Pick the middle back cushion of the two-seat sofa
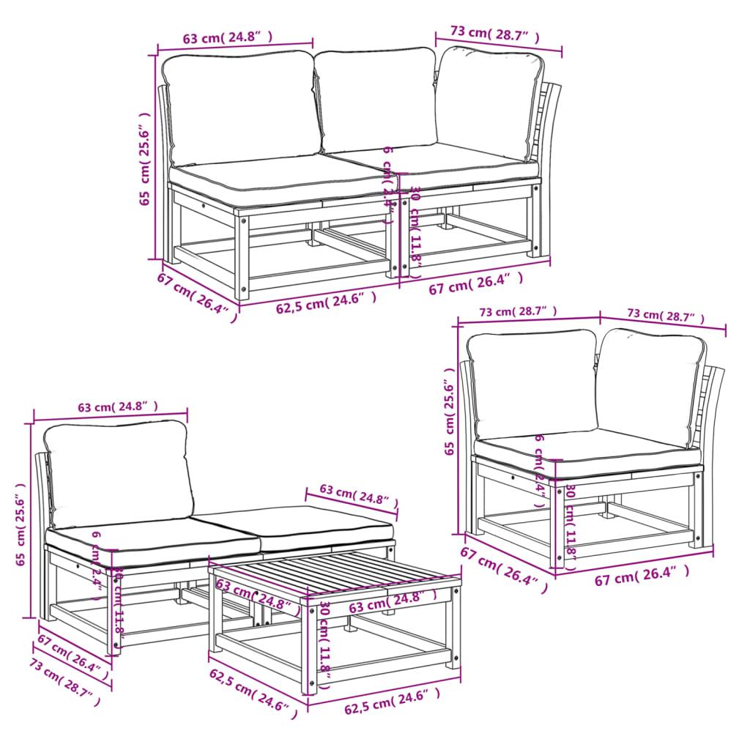tap(377, 99)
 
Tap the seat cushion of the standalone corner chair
tap(586, 450)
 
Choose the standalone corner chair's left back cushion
tap(533, 385)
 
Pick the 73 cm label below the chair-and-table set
tap(64, 677)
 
